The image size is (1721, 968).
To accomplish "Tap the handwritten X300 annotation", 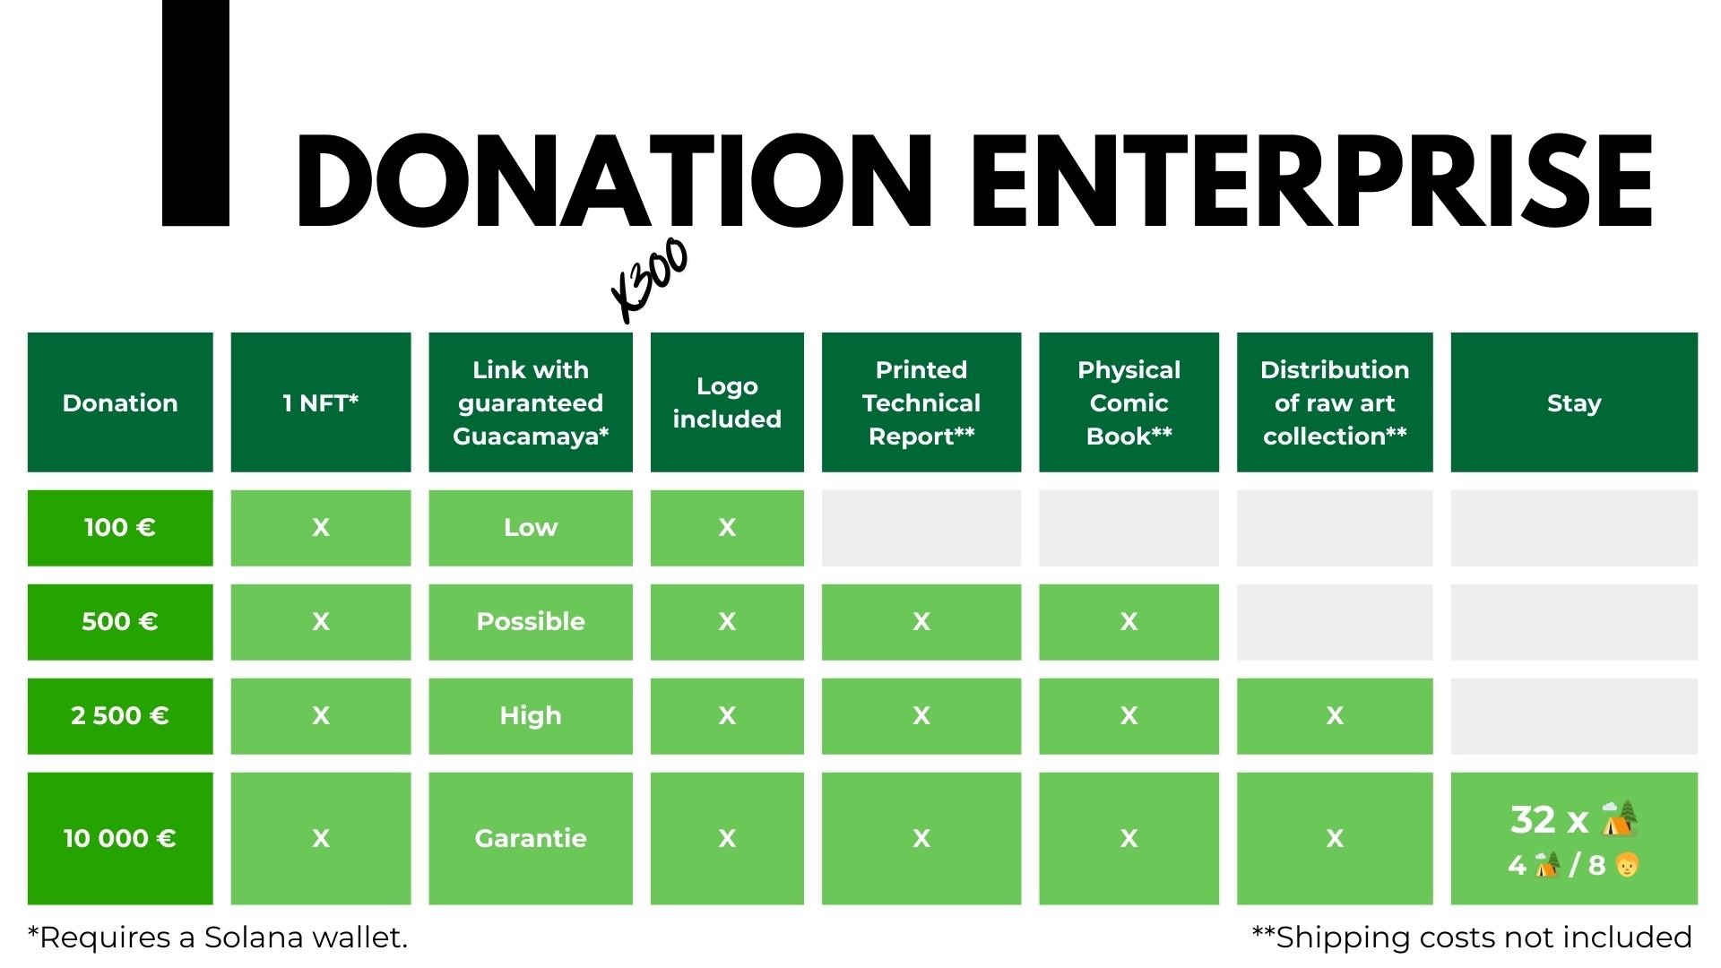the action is [650, 280].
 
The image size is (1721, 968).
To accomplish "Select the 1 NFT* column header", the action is [321, 402].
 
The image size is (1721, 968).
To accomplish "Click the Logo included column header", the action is [727, 402].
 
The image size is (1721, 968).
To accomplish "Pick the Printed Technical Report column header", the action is [921, 402].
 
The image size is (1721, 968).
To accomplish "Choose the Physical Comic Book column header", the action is [1129, 402].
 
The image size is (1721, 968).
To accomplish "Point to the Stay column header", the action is [1574, 402].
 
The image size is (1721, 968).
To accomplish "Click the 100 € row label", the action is [120, 528].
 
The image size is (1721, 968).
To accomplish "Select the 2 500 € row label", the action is [120, 716].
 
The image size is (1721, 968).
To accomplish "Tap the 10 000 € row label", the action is [120, 839].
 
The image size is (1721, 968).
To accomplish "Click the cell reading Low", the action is [531, 528].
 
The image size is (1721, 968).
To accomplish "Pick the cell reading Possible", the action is [531, 622].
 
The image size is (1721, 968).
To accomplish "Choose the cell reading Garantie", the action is [531, 839].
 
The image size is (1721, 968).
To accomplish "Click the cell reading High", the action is [531, 716].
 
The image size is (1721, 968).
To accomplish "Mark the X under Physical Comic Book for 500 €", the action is [1129, 622].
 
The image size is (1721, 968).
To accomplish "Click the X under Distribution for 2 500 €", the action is [1335, 716].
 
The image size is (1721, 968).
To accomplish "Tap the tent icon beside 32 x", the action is [1620, 818].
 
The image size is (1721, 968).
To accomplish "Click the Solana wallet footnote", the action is [218, 938].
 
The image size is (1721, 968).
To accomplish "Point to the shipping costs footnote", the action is [1472, 938].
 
